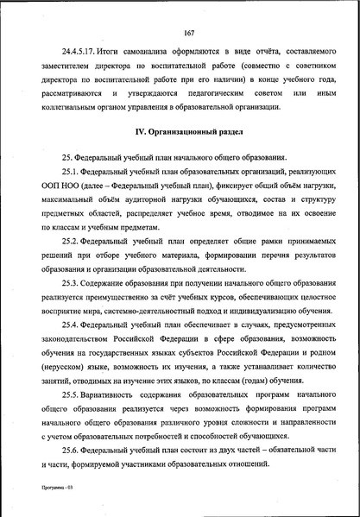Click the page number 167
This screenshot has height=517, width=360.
(187, 33)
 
